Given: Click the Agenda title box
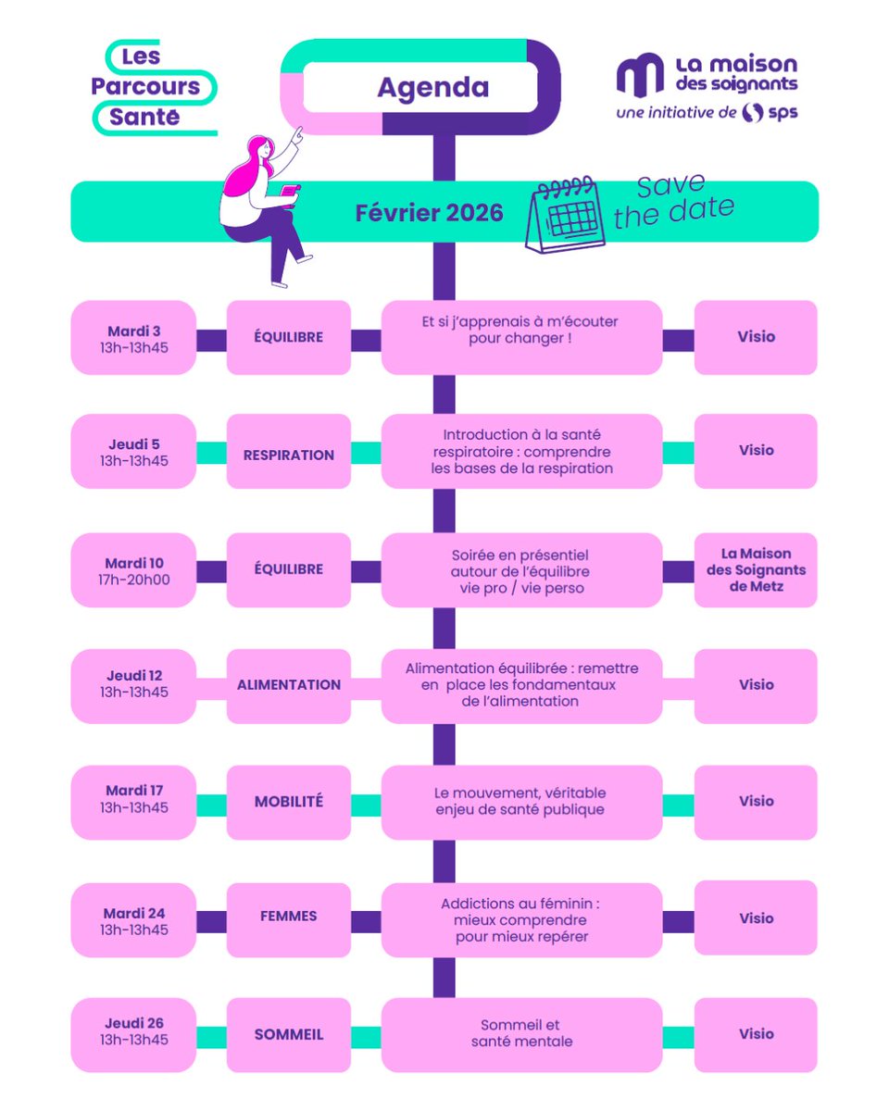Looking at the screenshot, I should [432, 88].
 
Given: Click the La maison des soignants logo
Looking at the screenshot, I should [707, 87].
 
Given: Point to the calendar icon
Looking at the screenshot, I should [566, 215].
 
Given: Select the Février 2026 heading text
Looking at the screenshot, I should [429, 213].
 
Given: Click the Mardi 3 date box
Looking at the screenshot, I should [133, 337].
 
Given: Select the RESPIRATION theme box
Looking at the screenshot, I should [289, 455].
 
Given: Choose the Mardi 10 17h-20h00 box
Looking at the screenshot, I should [133, 570].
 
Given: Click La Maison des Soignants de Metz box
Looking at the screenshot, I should [756, 570].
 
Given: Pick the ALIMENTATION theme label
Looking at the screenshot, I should [289, 685].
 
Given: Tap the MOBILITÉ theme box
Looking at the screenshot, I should [289, 802].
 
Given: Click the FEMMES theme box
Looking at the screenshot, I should [289, 917].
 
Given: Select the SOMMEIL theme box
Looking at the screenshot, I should [289, 1034].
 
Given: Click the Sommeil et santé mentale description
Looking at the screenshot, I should [520, 1034].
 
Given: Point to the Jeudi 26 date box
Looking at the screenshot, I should [133, 1034].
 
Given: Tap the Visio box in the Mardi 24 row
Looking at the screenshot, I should [756, 918].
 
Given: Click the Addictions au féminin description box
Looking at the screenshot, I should [520, 918].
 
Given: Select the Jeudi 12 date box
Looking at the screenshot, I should [133, 685].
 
